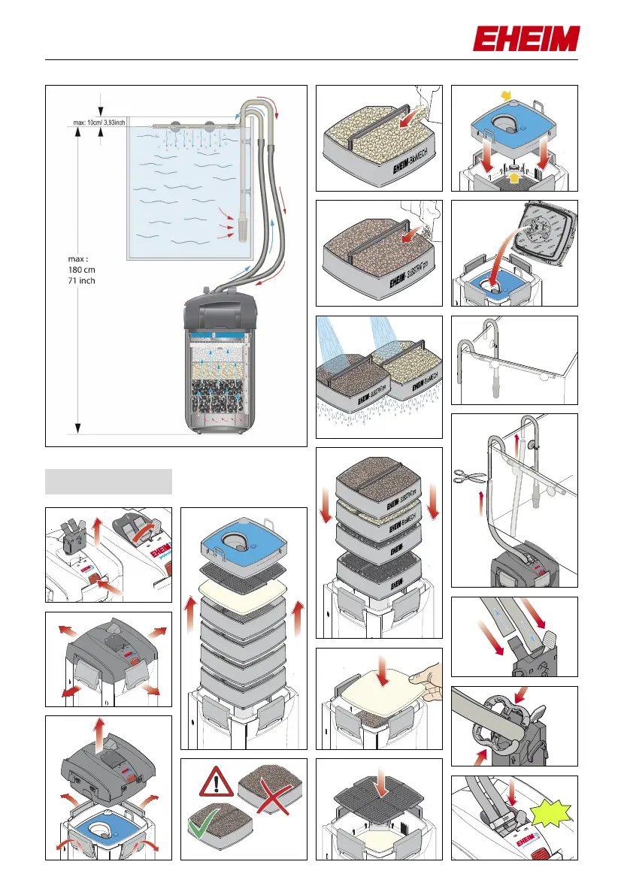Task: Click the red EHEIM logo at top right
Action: [x=526, y=39]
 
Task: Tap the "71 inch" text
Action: [x=82, y=281]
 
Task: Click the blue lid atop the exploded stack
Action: [x=243, y=541]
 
